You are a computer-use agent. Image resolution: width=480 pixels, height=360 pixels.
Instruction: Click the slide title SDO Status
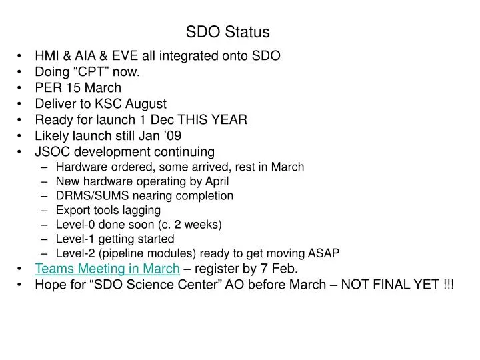tap(227, 31)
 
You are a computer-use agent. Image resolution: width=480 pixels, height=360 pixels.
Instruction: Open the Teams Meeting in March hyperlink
tap(107, 269)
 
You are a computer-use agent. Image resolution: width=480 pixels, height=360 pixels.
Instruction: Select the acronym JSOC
tap(52, 152)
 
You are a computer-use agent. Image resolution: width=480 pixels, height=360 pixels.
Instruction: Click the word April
tap(215, 181)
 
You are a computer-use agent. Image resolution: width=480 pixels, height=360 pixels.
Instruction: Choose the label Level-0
tap(75, 225)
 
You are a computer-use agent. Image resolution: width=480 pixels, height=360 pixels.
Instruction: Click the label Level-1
tap(75, 239)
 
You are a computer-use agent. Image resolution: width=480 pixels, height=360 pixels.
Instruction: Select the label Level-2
tap(75, 253)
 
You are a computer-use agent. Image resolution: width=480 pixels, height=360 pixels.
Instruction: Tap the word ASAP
tap(326, 253)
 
